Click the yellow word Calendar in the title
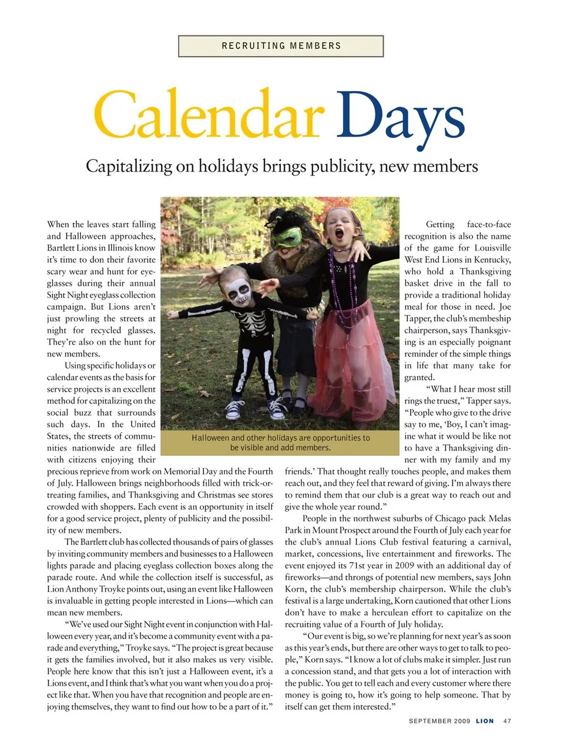click(209, 115)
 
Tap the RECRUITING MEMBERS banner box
click(281, 46)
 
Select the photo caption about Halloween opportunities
click(280, 442)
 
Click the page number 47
click(507, 720)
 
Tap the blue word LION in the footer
click(485, 720)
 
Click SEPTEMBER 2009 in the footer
click(439, 720)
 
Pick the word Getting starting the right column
click(440, 224)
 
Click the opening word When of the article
click(58, 224)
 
